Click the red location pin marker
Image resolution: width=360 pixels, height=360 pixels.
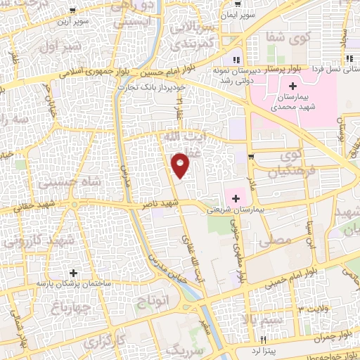click(181, 164)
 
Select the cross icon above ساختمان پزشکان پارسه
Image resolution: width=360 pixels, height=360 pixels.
click(73, 271)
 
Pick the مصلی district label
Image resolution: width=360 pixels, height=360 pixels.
click(276, 240)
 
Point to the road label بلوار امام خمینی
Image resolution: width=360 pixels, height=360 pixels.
click(283, 281)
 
